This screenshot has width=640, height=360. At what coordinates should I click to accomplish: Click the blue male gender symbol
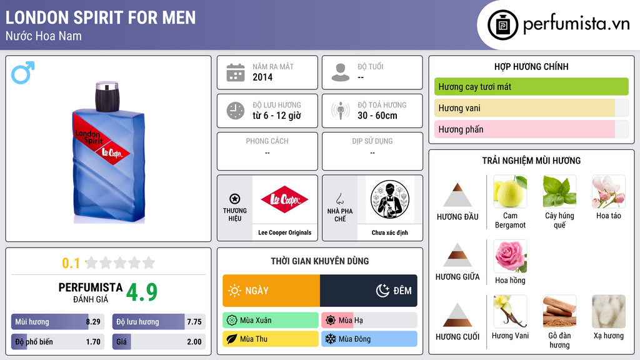(x=22, y=72)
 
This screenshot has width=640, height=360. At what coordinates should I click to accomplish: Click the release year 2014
(x=262, y=77)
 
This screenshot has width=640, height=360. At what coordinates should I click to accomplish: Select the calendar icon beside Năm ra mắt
(x=236, y=72)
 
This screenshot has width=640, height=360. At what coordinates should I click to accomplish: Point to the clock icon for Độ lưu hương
(x=236, y=111)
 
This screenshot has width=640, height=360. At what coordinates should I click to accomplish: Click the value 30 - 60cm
(x=377, y=116)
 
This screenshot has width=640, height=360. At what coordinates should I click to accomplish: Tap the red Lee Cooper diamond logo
(x=284, y=199)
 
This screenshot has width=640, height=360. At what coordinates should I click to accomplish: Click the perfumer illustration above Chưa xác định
(x=390, y=199)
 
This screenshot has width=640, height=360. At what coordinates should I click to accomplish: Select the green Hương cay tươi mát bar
(x=531, y=86)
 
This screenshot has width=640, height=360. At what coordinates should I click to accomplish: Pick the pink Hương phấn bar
(x=524, y=129)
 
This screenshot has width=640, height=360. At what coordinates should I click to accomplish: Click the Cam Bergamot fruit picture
(x=510, y=191)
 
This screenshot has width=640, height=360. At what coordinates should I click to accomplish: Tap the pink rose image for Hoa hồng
(x=510, y=256)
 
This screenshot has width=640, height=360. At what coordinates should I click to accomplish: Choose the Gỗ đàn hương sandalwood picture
(x=559, y=311)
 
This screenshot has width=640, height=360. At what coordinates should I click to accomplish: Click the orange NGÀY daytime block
(x=271, y=291)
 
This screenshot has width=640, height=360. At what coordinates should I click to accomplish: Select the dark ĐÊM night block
(x=369, y=291)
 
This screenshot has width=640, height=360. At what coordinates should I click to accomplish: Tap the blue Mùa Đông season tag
(x=369, y=339)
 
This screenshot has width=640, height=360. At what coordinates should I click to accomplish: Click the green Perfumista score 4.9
(x=142, y=292)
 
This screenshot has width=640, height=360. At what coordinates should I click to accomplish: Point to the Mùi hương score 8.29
(x=93, y=322)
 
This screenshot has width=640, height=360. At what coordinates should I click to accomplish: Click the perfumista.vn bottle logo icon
(x=503, y=25)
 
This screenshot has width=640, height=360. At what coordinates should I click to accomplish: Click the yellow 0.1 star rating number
(x=71, y=263)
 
